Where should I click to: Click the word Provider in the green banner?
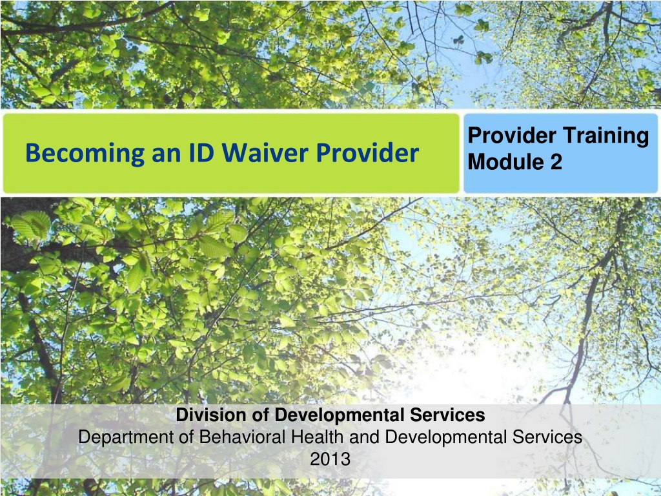pos(367,152)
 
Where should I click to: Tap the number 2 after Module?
pos(556,161)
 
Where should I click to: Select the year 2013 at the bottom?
pos(330,459)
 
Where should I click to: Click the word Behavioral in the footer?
pos(243,437)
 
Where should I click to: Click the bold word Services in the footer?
pos(447,415)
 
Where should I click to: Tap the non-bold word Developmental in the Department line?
pos(446,438)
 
